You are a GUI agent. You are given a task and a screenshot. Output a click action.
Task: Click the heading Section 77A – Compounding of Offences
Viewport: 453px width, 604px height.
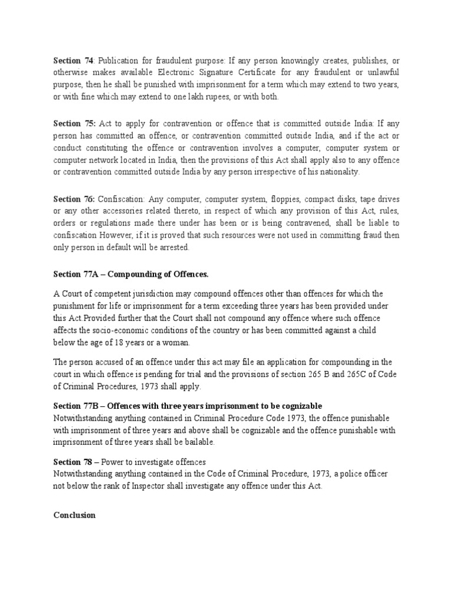(x=131, y=274)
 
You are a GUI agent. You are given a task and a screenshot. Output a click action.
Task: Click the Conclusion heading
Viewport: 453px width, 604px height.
(x=74, y=515)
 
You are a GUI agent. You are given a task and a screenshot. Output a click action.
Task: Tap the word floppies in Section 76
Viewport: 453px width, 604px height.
(x=251, y=199)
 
